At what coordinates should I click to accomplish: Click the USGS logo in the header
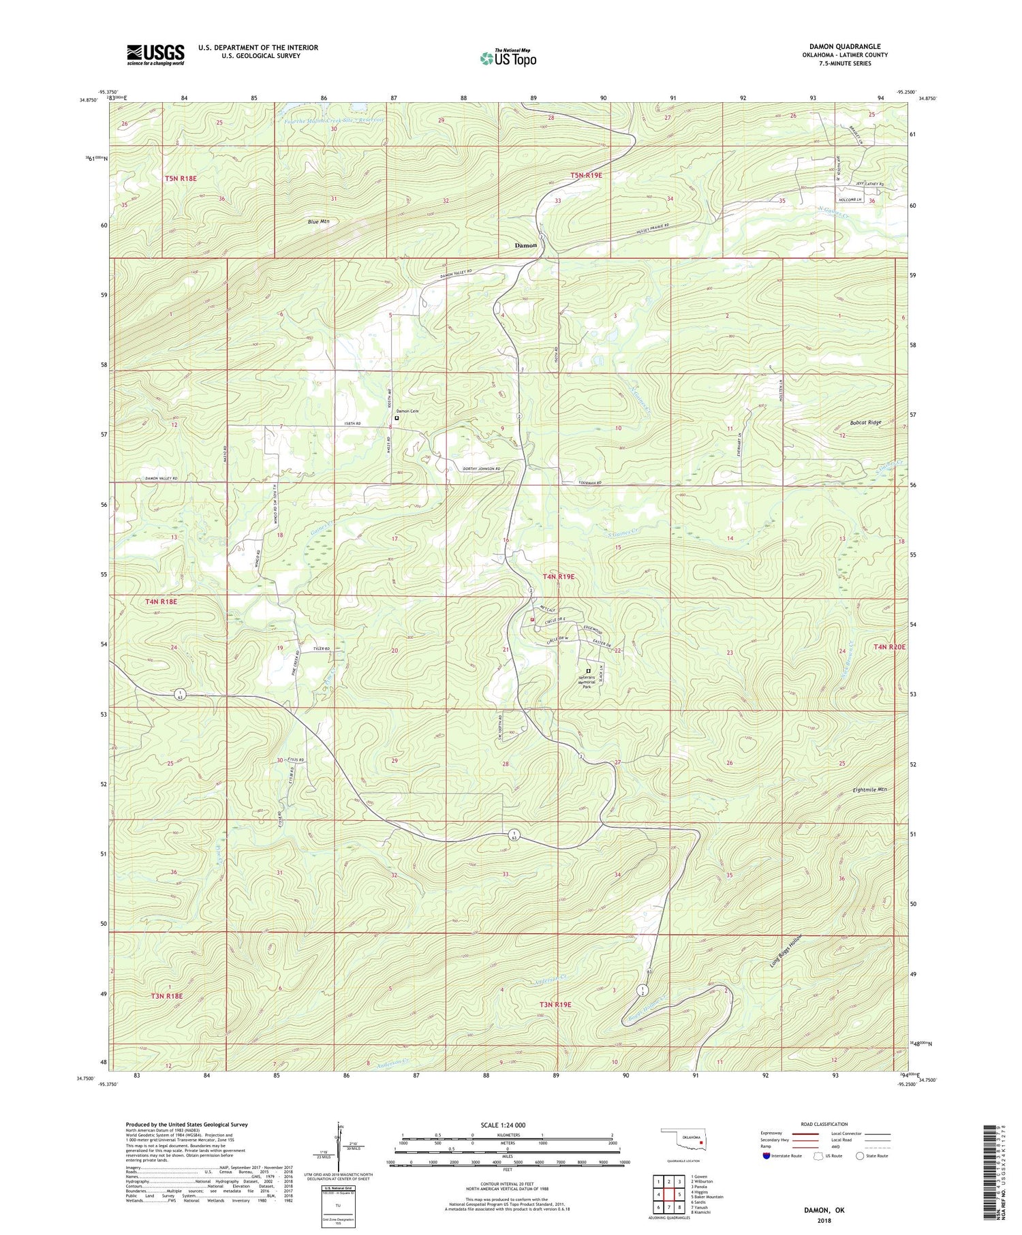click(155, 54)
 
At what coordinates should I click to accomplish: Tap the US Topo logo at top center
click(508, 58)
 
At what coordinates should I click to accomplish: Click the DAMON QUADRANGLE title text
click(844, 46)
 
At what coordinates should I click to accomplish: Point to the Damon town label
click(525, 245)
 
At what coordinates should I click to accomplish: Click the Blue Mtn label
click(318, 221)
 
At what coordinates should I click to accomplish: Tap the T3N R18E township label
click(167, 996)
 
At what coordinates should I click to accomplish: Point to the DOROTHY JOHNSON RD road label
click(472, 469)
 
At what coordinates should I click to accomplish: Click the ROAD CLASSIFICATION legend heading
click(824, 1124)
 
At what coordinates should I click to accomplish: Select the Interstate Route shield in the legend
click(766, 1156)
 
